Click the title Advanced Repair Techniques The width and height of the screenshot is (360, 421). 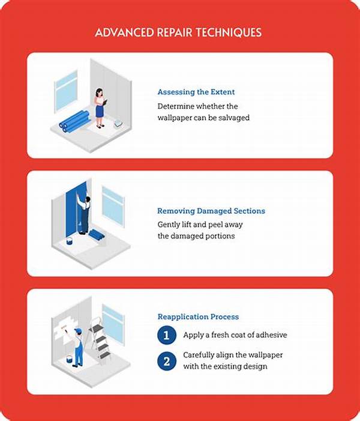178,32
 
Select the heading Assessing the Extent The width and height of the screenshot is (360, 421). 196,92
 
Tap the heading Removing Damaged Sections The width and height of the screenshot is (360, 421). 211,211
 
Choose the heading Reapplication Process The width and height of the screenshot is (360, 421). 198,317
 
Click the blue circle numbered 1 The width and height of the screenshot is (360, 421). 167,335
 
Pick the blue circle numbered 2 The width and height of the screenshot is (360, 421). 167,361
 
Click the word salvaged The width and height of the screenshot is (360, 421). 234,118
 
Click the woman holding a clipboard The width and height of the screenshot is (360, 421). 100,108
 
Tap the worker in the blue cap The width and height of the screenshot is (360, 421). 77,348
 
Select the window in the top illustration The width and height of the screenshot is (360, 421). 66,91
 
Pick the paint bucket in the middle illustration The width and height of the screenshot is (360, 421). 70,241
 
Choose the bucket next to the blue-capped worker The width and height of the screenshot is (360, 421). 69,359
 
